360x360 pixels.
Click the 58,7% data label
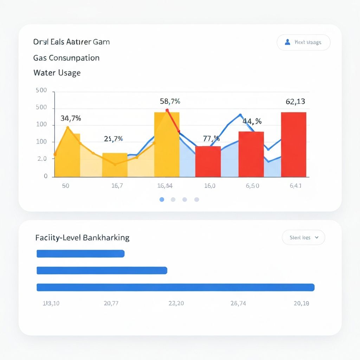click(x=170, y=102)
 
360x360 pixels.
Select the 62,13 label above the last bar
click(x=295, y=102)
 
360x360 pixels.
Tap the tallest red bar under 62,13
click(x=294, y=144)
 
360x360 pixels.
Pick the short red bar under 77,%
click(x=208, y=161)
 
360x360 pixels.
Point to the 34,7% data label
click(x=71, y=118)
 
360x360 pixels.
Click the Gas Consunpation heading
click(x=66, y=58)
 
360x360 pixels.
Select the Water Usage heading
click(x=57, y=73)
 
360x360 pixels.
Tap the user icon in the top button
click(x=287, y=42)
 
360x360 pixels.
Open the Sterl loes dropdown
click(x=303, y=238)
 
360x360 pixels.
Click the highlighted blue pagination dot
click(x=162, y=199)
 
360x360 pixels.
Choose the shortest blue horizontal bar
click(x=81, y=253)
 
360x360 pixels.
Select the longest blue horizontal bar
click(x=175, y=287)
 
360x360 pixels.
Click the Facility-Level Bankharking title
click(x=82, y=238)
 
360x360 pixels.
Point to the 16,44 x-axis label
click(x=165, y=186)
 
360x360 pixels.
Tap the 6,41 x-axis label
click(x=295, y=186)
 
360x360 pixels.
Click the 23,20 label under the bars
click(x=176, y=303)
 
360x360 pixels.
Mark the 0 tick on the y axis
click(x=46, y=176)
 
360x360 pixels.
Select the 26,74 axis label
click(x=238, y=303)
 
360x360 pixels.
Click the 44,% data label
click(x=252, y=121)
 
